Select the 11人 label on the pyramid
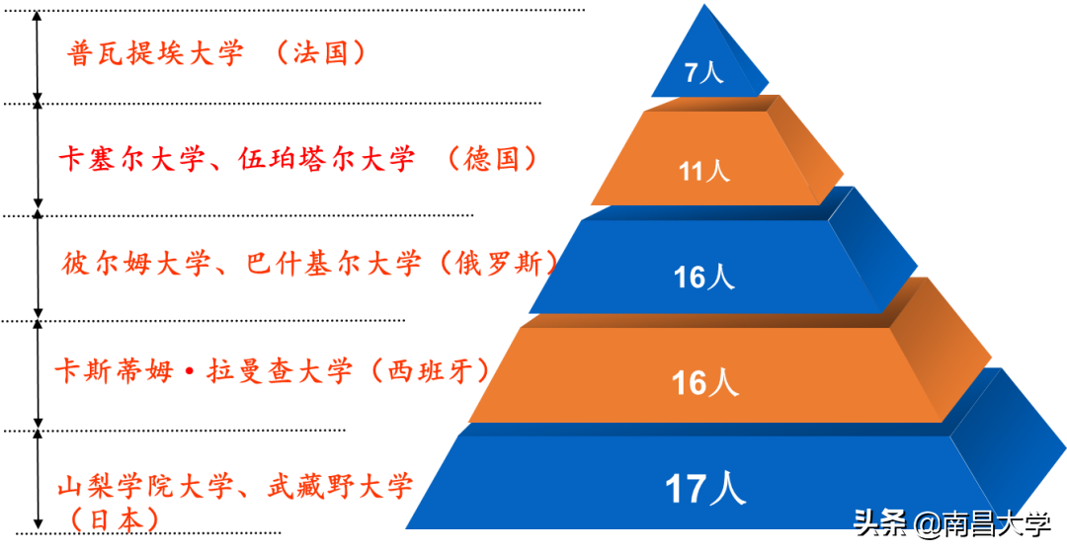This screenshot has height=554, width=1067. [703, 172]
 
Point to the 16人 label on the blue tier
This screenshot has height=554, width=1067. [703, 277]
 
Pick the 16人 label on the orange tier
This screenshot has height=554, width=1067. [704, 382]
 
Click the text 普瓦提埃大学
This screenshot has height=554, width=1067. [155, 53]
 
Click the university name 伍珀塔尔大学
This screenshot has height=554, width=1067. [326, 160]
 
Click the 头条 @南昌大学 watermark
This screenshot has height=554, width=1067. [950, 522]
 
